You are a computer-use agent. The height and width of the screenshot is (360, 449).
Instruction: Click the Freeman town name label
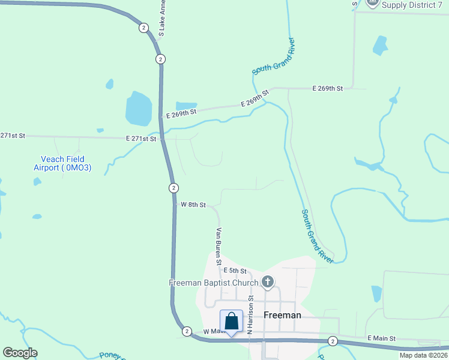[282, 315]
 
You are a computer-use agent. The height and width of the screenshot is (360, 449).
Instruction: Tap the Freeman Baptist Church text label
[214, 282]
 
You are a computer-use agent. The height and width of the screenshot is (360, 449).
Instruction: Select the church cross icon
[268, 281]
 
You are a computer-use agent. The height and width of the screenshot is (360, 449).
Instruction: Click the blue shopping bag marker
[232, 322]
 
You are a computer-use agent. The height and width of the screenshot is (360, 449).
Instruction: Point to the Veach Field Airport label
[62, 164]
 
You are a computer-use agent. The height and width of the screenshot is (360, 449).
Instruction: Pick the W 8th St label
[193, 205]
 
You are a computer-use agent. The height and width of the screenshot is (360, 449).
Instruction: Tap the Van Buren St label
[220, 246]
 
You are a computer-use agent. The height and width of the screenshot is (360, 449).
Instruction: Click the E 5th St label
[235, 271]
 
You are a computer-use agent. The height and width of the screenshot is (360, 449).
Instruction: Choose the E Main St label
[381, 338]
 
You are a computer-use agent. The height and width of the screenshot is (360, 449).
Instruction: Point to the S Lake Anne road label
[161, 18]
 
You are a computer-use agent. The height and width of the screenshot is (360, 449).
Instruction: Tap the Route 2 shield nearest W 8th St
[173, 188]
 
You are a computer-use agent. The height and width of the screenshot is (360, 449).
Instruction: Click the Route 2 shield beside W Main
[187, 331]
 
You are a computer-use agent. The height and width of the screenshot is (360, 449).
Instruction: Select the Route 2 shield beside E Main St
[333, 341]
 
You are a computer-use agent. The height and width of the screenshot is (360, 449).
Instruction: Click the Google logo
[20, 353]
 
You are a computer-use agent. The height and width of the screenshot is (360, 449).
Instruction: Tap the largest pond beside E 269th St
[139, 109]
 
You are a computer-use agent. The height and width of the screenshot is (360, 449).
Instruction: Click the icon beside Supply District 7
[372, 3]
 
